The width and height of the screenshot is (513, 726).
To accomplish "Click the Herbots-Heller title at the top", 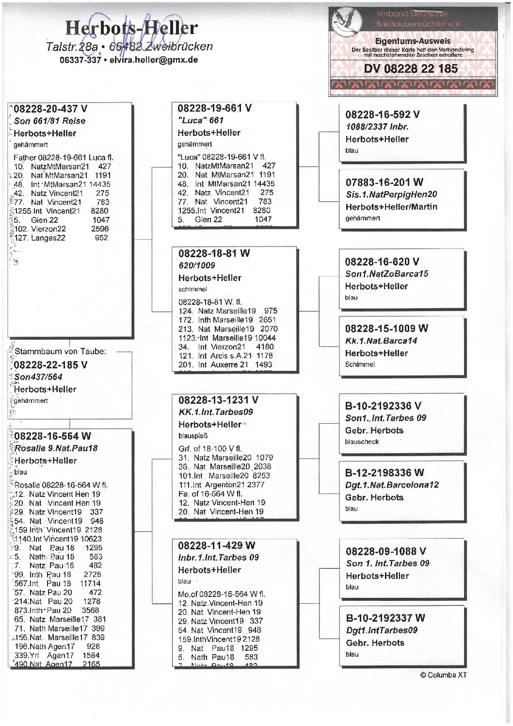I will click(x=131, y=28).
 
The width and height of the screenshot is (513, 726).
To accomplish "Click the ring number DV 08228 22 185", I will click(x=411, y=69).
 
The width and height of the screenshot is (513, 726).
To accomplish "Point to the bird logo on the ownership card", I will click(x=346, y=22).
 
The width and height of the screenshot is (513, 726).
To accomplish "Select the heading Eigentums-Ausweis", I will click(x=413, y=41).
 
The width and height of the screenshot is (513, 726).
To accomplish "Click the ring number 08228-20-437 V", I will click(x=50, y=109).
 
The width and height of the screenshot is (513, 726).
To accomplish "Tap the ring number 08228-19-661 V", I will click(x=214, y=108).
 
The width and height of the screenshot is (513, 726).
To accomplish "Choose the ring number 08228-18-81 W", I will click(x=214, y=253).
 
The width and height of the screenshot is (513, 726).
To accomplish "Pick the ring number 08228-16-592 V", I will click(x=382, y=115).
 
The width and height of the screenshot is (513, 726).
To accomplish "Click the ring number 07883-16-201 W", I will click(x=384, y=182).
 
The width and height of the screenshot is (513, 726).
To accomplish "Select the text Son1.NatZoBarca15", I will click(x=386, y=274).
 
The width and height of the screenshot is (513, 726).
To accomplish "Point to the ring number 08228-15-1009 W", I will click(x=386, y=329).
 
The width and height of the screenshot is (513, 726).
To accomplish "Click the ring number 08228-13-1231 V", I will click(x=218, y=400).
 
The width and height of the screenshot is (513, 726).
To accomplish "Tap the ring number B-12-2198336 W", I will click(x=384, y=473).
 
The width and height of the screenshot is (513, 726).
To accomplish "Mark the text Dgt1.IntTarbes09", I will click(x=382, y=630).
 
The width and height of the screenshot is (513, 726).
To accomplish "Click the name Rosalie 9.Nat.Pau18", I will click(x=56, y=448).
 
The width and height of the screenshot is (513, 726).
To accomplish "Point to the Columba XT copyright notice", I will click(x=443, y=675).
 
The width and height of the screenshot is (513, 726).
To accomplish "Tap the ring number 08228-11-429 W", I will click(x=216, y=545).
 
